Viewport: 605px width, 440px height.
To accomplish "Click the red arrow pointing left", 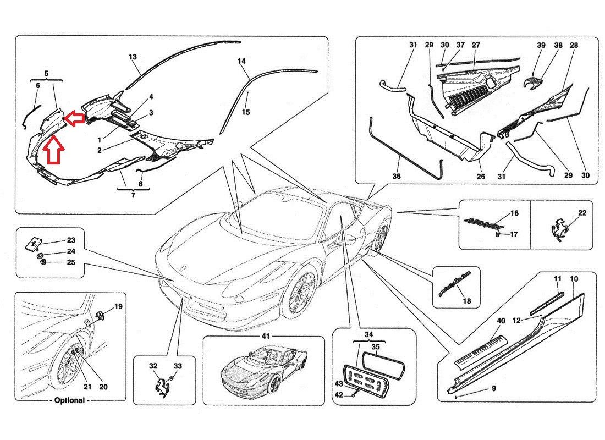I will [74, 117].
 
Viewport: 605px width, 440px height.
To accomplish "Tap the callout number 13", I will [133, 57].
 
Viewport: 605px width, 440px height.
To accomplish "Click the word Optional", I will [70, 400].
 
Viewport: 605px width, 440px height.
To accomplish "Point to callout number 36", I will [397, 177].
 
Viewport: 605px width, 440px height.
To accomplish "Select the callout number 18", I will [467, 301].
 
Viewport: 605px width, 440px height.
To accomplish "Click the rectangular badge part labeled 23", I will [35, 242].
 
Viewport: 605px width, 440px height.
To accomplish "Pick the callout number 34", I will [368, 334].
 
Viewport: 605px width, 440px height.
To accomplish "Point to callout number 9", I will [493, 389].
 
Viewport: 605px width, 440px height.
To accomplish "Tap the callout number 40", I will [501, 321].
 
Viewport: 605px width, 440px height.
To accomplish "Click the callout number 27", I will [476, 45].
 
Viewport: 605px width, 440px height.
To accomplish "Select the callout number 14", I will [241, 61].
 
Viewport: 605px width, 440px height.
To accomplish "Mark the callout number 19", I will [118, 306].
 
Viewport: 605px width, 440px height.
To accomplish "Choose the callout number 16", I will [514, 212].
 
